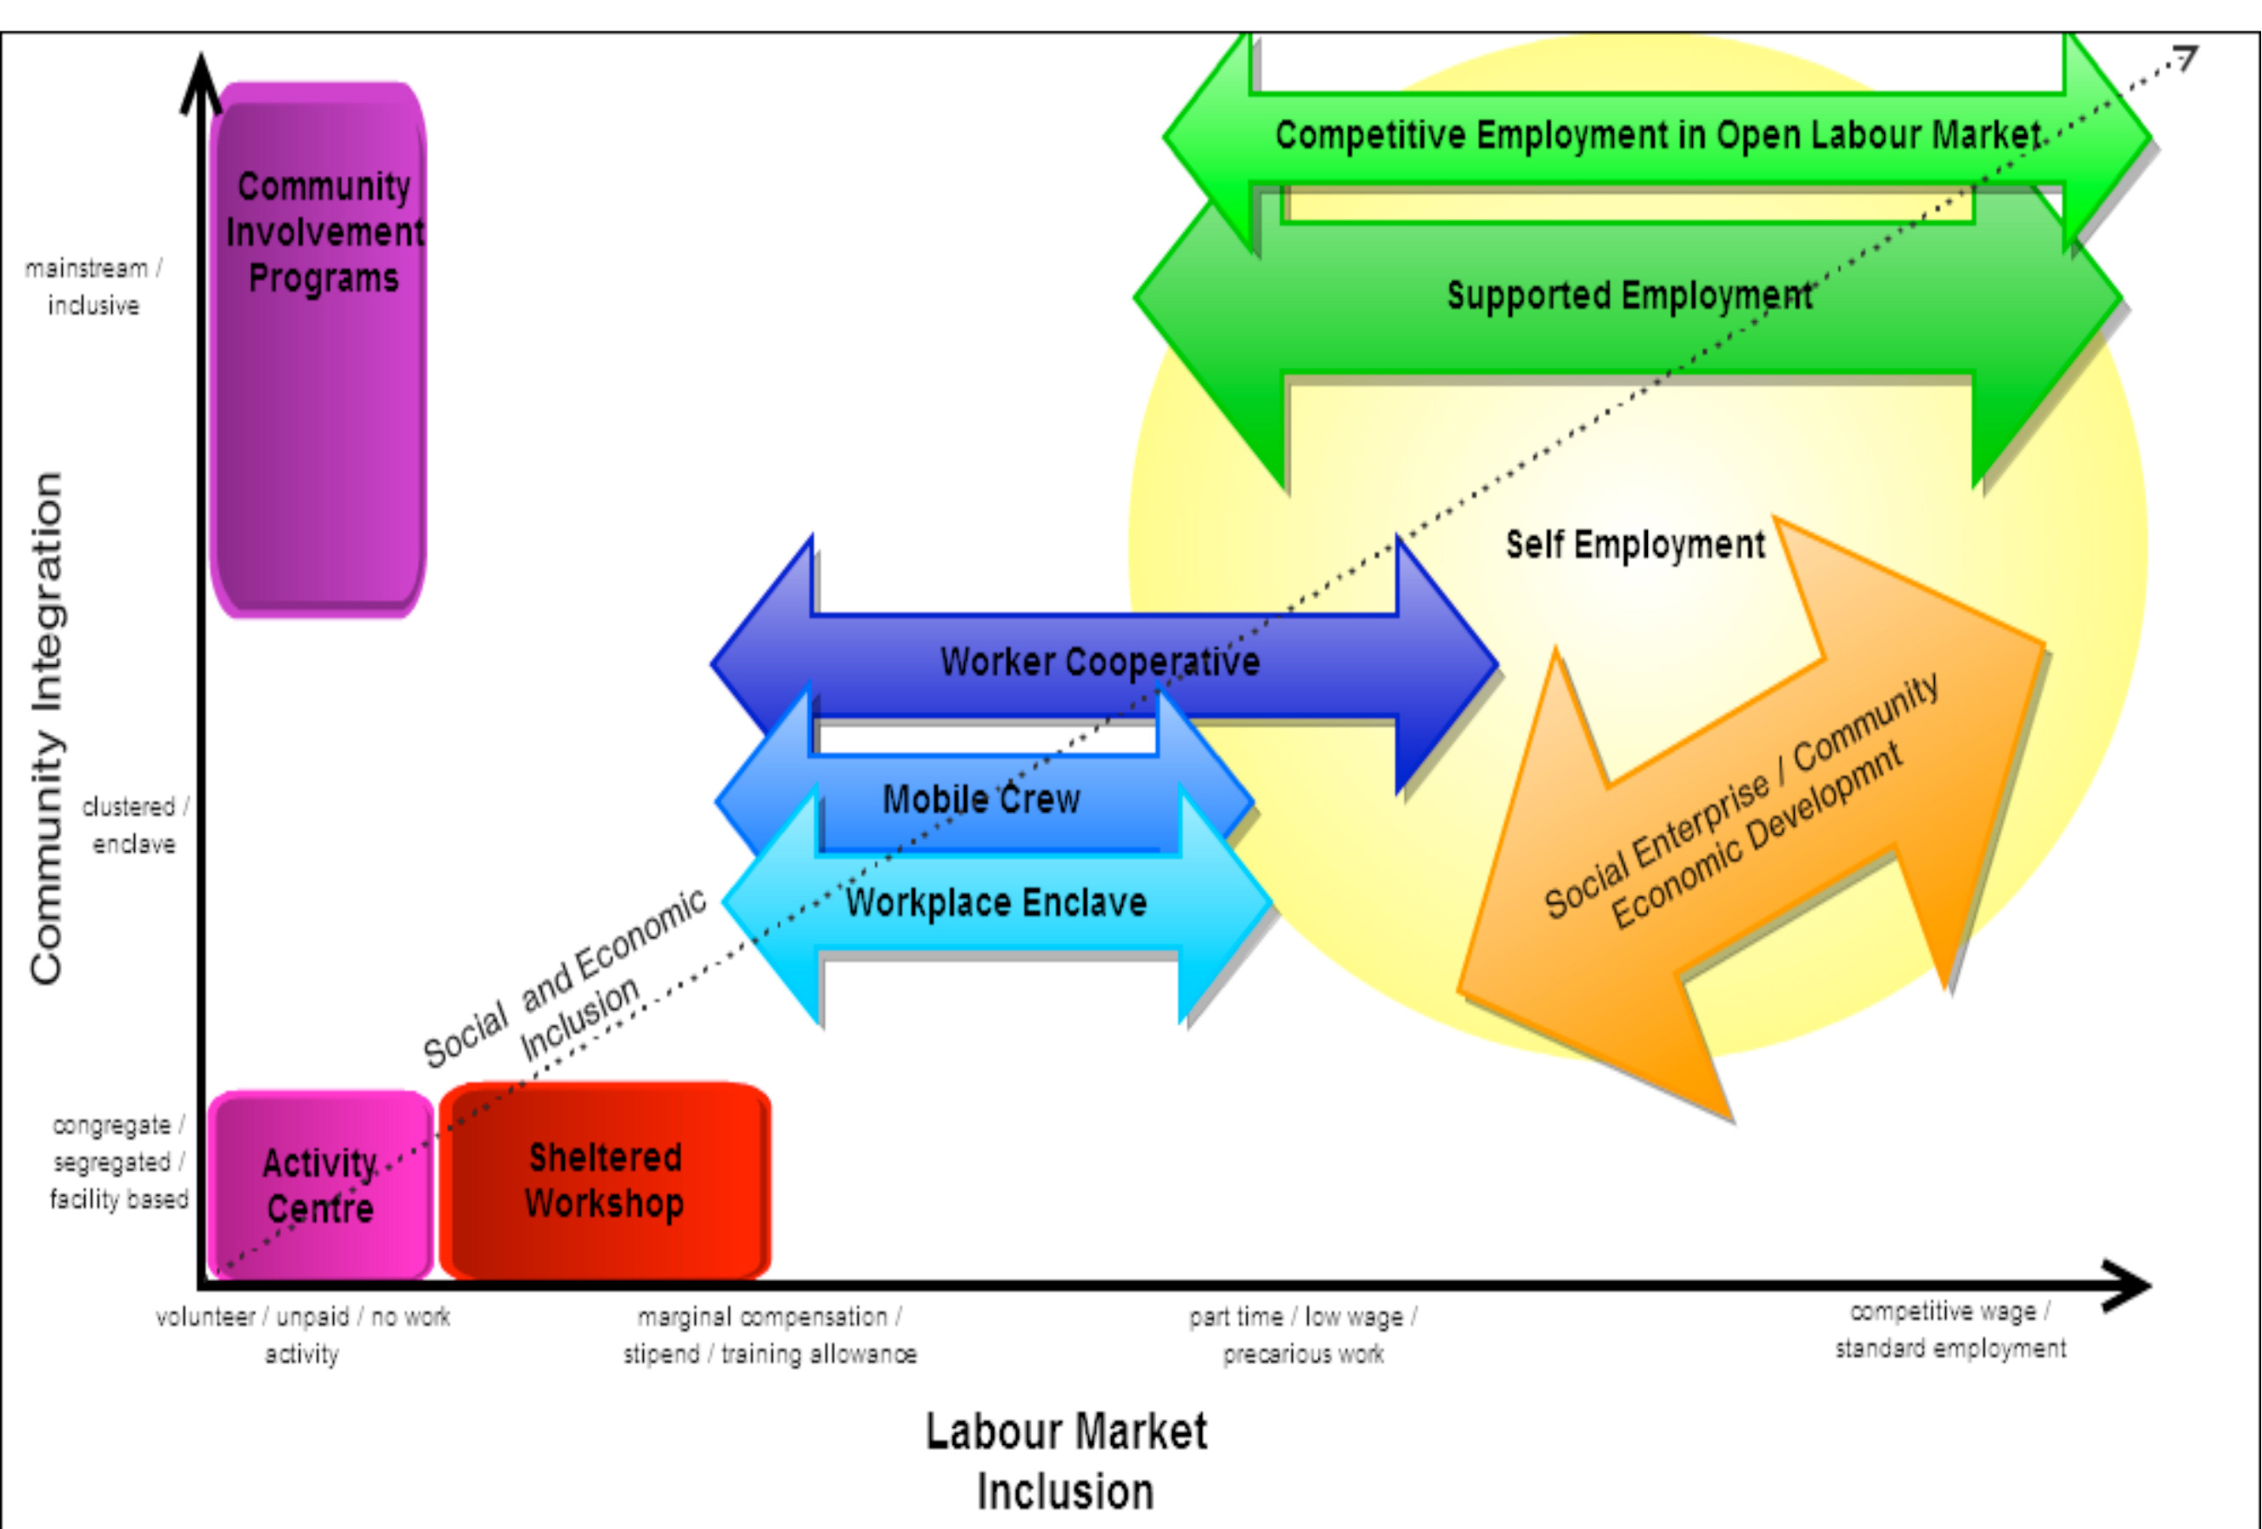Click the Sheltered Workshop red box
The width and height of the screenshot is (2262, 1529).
605,1181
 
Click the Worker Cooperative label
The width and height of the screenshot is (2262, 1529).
1100,663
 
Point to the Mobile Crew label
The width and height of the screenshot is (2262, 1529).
981,800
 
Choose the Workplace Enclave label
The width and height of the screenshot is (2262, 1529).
996,903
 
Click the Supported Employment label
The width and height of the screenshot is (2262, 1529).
1628,296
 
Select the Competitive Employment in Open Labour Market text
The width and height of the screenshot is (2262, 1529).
1657,135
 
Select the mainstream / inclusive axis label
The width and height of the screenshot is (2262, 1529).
93,286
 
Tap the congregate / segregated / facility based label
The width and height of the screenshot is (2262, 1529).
119,1162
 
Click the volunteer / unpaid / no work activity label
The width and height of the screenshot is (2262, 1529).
302,1334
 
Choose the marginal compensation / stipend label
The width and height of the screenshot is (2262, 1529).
770,1334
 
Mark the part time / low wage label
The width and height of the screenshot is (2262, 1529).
1303,1334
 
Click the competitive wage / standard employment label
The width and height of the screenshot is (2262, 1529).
1949,1330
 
